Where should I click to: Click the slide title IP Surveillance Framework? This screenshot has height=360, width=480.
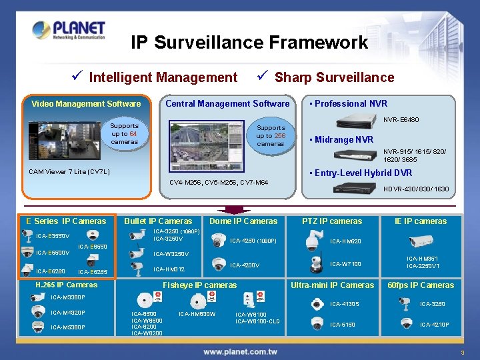point(249,43)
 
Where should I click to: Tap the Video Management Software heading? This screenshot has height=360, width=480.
point(86,103)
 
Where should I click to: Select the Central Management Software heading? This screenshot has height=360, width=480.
point(227,103)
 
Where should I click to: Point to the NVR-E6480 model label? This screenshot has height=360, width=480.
point(401,120)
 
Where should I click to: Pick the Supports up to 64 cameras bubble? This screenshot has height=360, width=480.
point(125,133)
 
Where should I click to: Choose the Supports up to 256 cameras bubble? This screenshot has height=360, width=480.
point(271,135)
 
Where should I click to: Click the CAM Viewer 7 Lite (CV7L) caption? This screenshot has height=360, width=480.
point(69,172)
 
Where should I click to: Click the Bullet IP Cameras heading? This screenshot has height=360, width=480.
point(158,221)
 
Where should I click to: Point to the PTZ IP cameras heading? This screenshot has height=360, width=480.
point(332,221)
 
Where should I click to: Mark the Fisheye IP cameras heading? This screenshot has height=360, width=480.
point(200,285)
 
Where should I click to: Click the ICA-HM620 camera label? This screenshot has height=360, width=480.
point(346,241)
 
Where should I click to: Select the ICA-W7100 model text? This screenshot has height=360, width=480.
point(345,264)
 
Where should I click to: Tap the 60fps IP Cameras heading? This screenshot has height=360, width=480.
point(421,285)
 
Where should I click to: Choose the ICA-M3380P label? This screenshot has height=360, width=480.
point(68,297)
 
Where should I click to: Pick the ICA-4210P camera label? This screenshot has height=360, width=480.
point(434,325)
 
